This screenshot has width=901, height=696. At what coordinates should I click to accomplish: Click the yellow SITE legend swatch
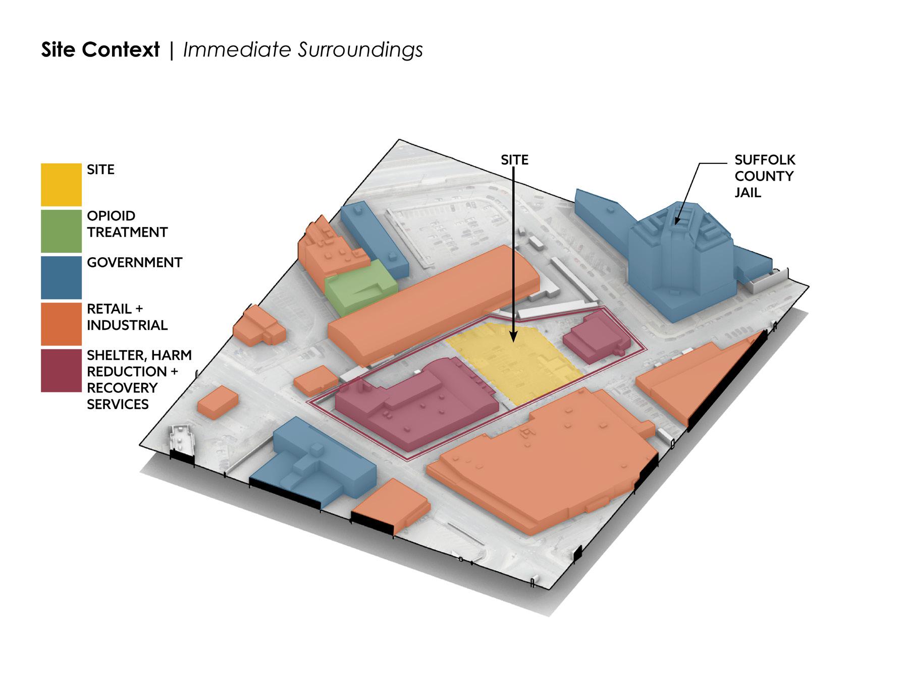tap(61, 185)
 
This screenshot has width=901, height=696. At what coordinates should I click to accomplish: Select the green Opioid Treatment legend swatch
tap(61, 231)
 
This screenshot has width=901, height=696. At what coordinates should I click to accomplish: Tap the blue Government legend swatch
tap(61, 277)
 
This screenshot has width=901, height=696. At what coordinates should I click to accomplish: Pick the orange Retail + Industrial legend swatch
tap(61, 324)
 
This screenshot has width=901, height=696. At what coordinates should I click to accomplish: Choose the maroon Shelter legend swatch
tap(61, 371)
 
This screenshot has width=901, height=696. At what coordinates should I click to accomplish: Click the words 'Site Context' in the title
tap(100, 50)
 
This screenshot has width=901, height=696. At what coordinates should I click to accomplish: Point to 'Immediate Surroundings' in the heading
tap(303, 50)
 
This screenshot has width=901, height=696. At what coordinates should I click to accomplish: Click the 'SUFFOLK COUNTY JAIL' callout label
tap(764, 176)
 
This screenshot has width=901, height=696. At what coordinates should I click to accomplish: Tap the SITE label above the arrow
tap(514, 160)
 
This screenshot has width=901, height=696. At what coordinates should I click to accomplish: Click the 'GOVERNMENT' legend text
tap(134, 263)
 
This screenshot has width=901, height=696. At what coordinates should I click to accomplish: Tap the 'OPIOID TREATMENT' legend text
tap(127, 224)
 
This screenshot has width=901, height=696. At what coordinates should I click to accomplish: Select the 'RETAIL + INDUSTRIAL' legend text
tap(127, 317)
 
